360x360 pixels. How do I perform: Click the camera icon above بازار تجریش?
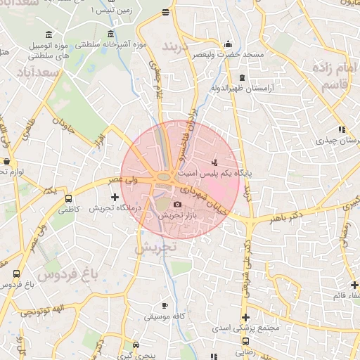point(177,205)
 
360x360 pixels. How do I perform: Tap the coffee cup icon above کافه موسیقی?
point(165,306)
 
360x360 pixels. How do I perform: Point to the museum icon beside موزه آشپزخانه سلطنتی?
point(111,34)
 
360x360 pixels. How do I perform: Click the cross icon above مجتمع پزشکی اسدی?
point(245,317)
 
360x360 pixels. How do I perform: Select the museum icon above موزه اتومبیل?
point(48,34)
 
